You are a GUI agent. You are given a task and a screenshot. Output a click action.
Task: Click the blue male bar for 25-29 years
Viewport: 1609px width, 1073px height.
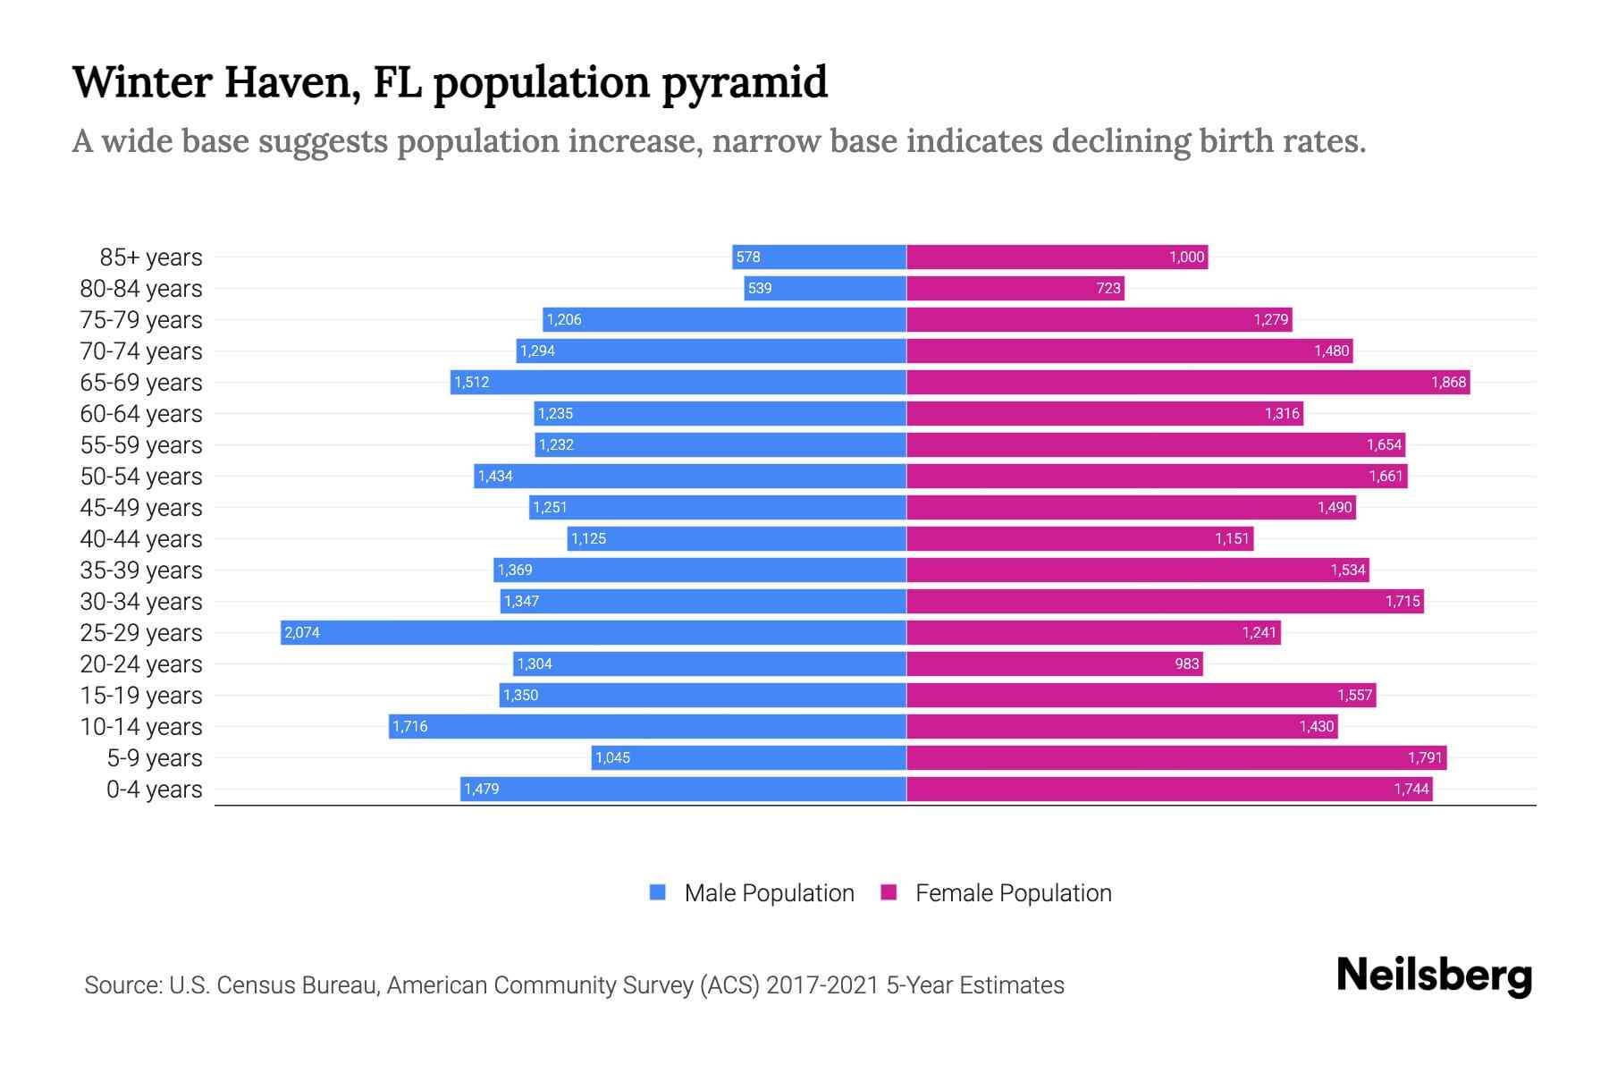pos(594,633)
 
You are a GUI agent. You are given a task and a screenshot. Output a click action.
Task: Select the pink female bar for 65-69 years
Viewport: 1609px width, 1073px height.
pos(1188,383)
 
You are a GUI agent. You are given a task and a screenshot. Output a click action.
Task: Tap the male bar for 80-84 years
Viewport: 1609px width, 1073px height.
pos(825,289)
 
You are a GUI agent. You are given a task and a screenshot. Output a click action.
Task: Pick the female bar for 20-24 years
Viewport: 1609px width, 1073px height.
pos(1055,664)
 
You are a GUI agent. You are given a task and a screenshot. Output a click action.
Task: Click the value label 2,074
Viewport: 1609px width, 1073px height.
pos(302,633)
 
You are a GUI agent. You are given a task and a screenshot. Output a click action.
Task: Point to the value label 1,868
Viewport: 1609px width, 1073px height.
pos(1448,383)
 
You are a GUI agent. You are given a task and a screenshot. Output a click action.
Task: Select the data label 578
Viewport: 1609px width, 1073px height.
pos(748,258)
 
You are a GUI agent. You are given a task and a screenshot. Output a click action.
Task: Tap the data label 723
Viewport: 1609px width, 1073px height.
pos(1108,289)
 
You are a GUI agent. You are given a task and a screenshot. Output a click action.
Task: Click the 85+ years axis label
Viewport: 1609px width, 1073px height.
pos(151,258)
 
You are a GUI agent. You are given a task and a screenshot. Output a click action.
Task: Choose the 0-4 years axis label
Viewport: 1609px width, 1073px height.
pos(154,790)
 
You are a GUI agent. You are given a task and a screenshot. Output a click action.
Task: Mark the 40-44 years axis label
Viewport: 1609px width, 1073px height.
pos(141,539)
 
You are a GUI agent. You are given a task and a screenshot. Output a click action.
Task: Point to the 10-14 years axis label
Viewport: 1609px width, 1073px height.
pos(141,727)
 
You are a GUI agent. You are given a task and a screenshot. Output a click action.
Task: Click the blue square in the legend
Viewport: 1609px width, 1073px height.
pos(658,892)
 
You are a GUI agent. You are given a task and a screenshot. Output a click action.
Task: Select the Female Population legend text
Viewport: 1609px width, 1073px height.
pos(1014,893)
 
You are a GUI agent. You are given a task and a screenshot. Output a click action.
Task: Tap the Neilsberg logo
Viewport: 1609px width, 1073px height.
pos(1434,976)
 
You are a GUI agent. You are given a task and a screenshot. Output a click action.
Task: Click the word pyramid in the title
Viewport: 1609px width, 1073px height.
pos(745,82)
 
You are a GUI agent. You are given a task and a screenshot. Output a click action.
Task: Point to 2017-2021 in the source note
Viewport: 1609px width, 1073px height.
pos(822,985)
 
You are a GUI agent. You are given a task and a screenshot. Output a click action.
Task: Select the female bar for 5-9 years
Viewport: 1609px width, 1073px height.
pos(1176,758)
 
